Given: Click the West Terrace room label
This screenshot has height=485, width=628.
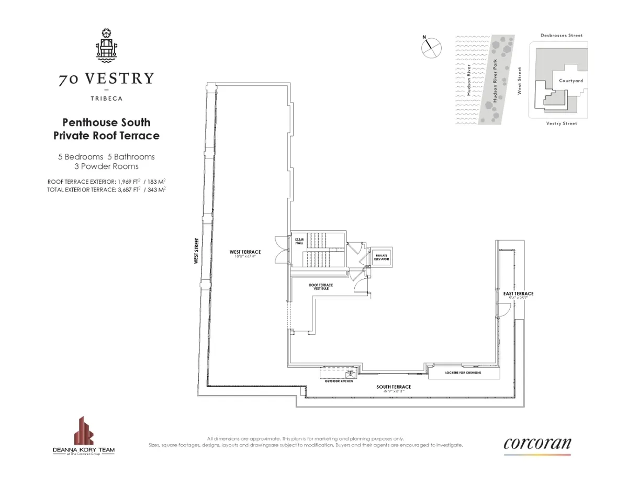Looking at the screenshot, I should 245,252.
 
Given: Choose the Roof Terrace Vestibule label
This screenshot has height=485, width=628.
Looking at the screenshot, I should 321,286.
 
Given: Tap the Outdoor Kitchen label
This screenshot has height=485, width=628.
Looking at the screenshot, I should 339,381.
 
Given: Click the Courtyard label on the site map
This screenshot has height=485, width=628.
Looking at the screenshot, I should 570,81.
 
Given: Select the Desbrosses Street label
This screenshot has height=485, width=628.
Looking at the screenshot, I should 561,36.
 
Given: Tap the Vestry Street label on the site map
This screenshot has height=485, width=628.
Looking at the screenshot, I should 561,123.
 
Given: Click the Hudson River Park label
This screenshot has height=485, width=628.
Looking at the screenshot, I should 495,80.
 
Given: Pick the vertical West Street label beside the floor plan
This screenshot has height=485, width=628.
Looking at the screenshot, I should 196,251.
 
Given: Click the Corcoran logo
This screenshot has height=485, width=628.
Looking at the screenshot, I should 537,444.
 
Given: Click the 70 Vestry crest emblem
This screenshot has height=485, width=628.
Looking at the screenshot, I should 106,44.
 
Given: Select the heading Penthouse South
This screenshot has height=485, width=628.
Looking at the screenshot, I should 106,122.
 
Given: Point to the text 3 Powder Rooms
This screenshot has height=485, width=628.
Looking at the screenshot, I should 106,166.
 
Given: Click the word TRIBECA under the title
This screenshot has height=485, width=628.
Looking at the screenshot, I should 106,97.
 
